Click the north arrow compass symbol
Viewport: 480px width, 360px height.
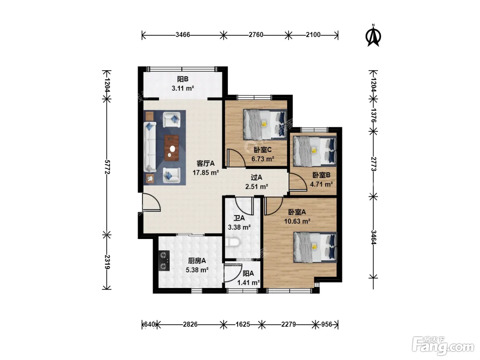pos(373,35)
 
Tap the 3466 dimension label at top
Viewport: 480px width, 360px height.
pos(183,35)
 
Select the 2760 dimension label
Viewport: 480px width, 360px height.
pos(256,35)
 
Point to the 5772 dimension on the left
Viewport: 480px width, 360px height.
pos(107,167)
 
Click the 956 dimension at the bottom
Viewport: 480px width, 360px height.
pos(326,324)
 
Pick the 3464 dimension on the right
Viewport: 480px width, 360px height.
pos(373,237)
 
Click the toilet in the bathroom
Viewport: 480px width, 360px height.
pos(232,242)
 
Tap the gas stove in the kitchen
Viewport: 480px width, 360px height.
pos(164,260)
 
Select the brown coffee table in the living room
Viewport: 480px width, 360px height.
pos(171,148)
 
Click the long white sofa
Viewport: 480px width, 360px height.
pos(150,147)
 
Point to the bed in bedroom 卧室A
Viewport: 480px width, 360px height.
pos(315,247)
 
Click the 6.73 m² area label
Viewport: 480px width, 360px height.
pos(263,159)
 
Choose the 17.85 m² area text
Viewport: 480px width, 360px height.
pos(206,173)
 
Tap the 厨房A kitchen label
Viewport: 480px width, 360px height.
pos(197,261)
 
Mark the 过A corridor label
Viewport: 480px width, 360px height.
pos(256,177)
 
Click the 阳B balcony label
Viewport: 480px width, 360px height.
pos(183,79)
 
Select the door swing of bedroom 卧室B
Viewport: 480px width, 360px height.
pos(298,182)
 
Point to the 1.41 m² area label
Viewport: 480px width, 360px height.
pos(249,283)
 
